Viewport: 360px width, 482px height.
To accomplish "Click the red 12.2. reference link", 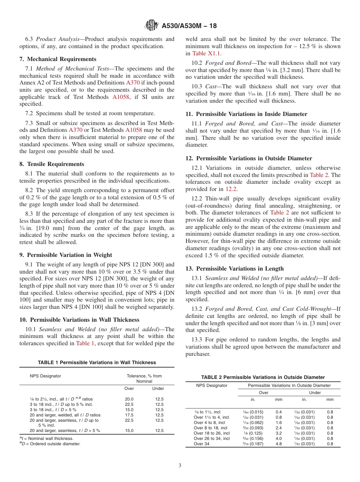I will [x=232, y=189].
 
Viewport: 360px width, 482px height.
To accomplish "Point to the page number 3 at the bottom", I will [x=180, y=466].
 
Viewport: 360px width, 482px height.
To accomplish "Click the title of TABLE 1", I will [x=97, y=363].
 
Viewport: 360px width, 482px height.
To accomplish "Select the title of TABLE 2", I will [x=263, y=377].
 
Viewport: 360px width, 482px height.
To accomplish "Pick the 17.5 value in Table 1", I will [x=129, y=415].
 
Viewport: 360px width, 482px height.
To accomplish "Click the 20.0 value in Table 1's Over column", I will [x=129, y=399].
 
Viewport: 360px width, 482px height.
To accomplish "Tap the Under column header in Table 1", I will [x=158, y=388].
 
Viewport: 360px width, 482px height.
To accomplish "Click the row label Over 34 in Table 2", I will [x=201, y=444].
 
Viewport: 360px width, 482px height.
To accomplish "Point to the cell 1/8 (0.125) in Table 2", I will [x=253, y=433].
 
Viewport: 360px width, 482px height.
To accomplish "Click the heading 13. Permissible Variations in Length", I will [x=234, y=269].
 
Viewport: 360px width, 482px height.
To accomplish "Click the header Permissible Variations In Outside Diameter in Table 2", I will [x=289, y=385].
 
